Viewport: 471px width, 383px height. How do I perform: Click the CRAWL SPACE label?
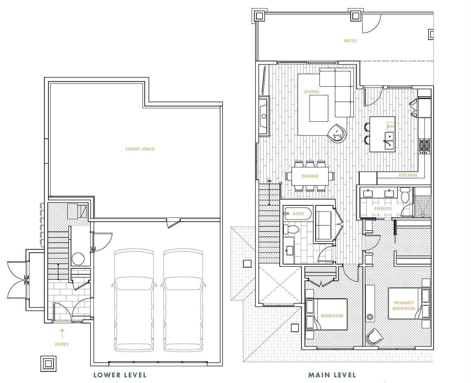click(140, 149)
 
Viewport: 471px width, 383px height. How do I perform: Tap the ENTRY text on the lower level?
click(62, 344)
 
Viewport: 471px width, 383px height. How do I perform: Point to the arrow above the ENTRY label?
click(62, 334)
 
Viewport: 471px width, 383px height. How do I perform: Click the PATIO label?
click(350, 41)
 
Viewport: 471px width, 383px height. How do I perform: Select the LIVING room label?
click(312, 92)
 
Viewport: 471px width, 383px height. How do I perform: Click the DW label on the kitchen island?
click(391, 126)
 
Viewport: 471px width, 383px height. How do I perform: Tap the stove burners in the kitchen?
click(424, 146)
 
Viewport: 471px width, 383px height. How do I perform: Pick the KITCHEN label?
click(408, 175)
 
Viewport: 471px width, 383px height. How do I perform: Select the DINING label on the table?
click(310, 176)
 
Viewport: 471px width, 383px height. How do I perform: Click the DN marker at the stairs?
click(269, 181)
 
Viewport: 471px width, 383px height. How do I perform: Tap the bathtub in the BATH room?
click(298, 213)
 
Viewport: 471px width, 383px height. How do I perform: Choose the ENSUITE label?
click(383, 208)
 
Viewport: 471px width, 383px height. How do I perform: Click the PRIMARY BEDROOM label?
click(404, 305)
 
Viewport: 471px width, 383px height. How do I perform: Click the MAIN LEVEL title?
click(332, 369)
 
